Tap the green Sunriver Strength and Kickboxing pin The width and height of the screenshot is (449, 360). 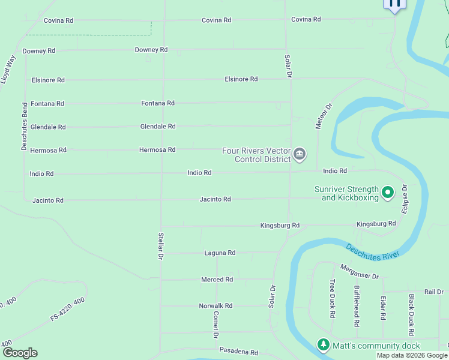(388, 193)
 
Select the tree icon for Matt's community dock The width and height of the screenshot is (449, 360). (324, 345)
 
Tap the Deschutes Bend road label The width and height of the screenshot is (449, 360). (24, 128)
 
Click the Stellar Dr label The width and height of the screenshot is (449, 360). (160, 246)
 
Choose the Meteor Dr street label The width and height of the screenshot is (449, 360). (324, 116)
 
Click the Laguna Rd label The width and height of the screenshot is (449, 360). (220, 253)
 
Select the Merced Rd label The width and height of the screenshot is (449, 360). (217, 280)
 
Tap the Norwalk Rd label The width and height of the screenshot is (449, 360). (215, 306)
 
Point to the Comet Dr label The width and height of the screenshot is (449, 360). (216, 325)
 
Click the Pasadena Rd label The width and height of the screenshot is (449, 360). (238, 352)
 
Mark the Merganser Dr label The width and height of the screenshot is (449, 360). (360, 272)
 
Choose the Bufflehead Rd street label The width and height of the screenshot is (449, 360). (357, 306)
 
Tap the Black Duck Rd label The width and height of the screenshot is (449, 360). (412, 315)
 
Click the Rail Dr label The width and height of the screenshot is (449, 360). (433, 292)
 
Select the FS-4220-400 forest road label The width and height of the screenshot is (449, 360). (67, 308)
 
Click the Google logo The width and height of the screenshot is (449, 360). (20, 353)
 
